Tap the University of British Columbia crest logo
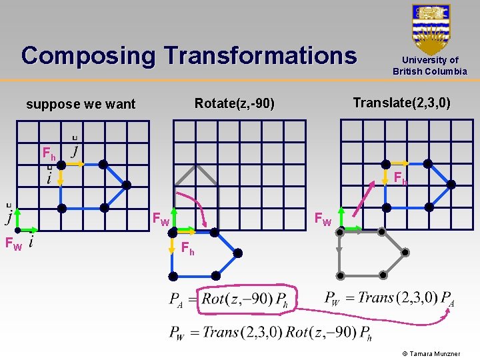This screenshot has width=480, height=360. (431, 29)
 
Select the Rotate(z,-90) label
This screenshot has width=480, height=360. (234, 103)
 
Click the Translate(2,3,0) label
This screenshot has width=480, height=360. (401, 103)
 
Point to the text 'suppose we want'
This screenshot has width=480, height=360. (80, 104)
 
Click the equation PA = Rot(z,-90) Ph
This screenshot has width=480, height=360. (229, 299)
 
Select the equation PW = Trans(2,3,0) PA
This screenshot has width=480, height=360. (389, 297)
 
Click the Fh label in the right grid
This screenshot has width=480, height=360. (400, 178)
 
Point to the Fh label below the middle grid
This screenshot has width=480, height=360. (188, 249)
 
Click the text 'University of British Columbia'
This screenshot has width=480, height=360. (430, 66)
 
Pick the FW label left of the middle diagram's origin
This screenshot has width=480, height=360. (161, 219)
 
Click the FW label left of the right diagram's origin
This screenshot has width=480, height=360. (323, 219)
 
